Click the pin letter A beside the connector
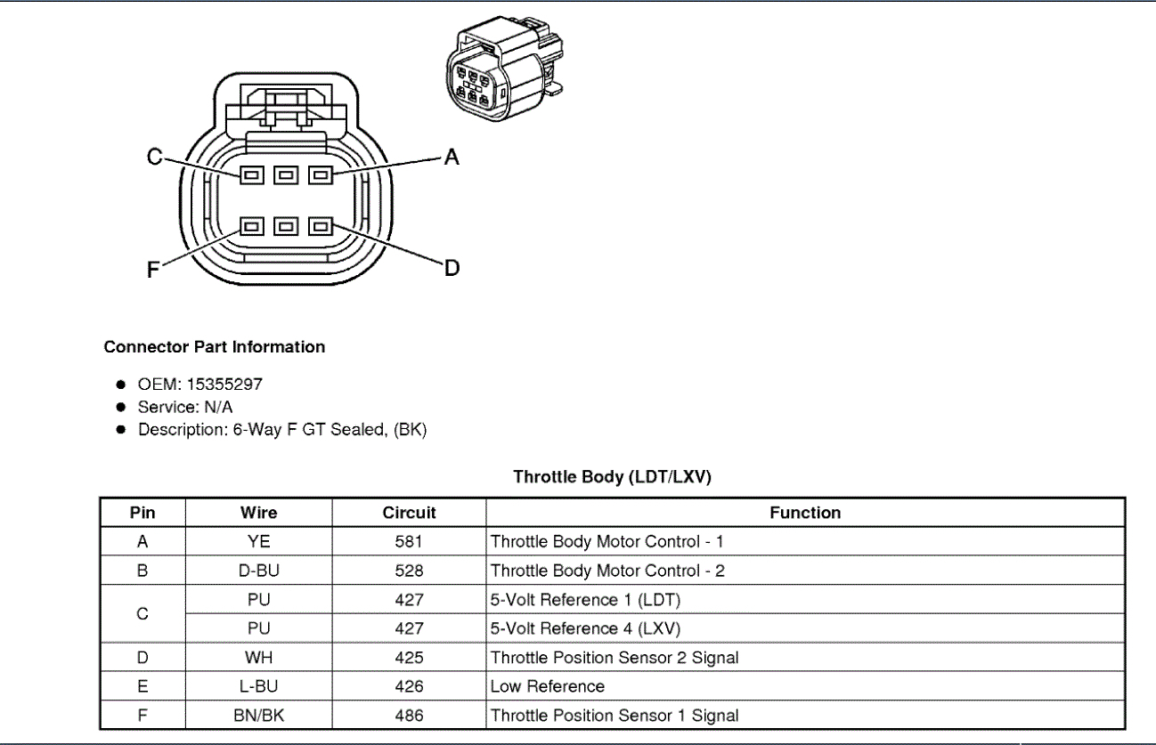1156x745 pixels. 451,158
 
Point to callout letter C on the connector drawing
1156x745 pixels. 154,158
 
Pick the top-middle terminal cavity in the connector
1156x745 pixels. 286,175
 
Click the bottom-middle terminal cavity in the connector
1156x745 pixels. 286,227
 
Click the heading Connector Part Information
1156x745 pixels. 215,347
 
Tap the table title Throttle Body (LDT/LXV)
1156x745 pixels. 612,477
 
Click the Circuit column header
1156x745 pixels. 409,513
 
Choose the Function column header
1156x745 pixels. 805,513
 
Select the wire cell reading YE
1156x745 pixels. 258,541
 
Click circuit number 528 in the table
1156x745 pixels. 409,571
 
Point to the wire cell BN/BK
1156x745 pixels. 258,716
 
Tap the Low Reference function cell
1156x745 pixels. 548,686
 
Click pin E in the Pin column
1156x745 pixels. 142,686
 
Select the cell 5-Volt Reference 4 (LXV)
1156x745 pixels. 585,628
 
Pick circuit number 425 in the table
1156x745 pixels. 409,658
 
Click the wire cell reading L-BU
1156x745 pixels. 258,686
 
